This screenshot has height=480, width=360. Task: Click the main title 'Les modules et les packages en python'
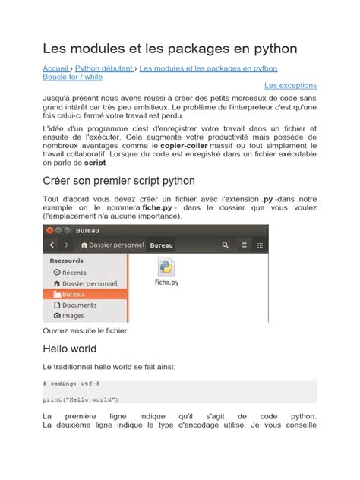(x=169, y=49)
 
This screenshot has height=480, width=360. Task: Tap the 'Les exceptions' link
(x=290, y=87)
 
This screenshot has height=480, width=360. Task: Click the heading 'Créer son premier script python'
(x=119, y=181)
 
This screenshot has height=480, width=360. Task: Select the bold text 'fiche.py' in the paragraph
(x=156, y=207)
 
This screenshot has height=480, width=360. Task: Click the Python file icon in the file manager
(x=167, y=267)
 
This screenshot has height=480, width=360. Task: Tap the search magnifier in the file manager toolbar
(x=226, y=245)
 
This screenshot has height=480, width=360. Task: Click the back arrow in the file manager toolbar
(x=52, y=245)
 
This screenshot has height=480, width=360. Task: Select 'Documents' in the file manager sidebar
(x=79, y=305)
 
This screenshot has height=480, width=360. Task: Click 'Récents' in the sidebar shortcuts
(x=74, y=272)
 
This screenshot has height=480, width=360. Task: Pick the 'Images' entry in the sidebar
(x=73, y=315)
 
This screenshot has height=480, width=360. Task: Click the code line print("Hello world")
(x=81, y=399)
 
